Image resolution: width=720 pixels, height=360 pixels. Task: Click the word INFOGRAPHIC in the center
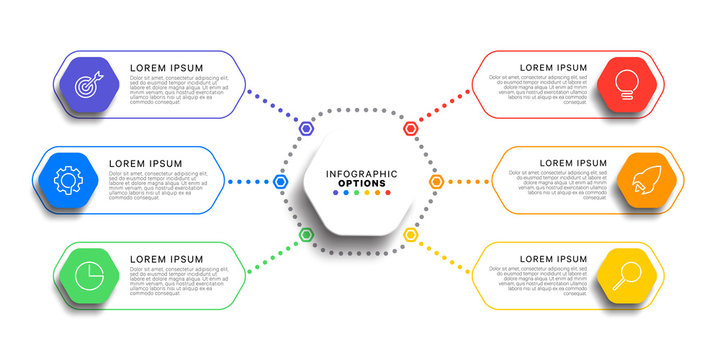pos(361,174)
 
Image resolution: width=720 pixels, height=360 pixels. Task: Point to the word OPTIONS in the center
pos(361,183)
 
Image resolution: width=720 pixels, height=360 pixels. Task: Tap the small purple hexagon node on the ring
pos(308,128)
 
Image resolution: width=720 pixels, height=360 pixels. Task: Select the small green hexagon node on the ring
pos(308,235)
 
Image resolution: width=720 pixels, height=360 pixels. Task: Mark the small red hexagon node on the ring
pos(411,128)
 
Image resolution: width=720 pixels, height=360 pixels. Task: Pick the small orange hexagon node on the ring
pos(437,182)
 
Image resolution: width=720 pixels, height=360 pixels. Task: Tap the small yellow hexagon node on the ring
pos(411,235)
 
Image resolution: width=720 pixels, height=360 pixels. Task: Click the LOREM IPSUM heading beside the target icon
pos(166,68)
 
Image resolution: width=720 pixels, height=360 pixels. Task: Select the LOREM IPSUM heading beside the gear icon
pos(145,163)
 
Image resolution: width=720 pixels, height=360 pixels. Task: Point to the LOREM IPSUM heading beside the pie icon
pos(166,259)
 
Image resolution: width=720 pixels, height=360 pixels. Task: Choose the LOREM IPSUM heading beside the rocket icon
pos(573,163)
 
